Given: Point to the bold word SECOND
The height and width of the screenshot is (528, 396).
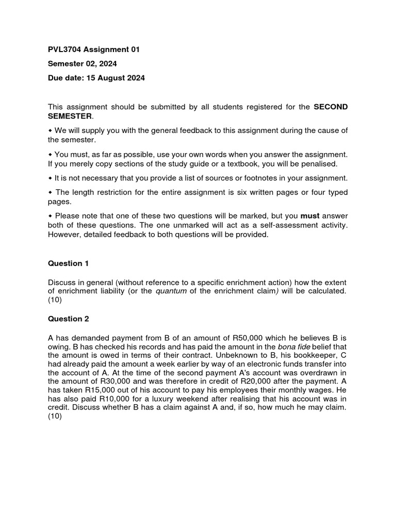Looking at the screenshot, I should (x=331, y=107).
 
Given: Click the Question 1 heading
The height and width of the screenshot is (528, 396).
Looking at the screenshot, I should (x=69, y=263).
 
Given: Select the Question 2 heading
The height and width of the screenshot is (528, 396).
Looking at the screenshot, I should (x=69, y=319).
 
